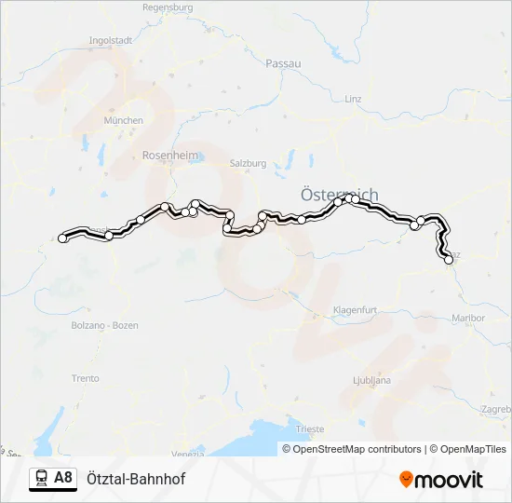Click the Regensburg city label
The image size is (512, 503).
(x=168, y=7)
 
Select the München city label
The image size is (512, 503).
(x=124, y=120)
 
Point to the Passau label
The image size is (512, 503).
(x=283, y=63)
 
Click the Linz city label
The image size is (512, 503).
(x=353, y=98)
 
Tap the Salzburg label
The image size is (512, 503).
(x=248, y=163)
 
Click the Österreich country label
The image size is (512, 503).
(x=340, y=195)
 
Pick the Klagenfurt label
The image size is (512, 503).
(x=355, y=309)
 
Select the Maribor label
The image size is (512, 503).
(x=468, y=318)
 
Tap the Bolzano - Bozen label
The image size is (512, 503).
(x=112, y=325)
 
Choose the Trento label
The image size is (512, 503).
(x=85, y=378)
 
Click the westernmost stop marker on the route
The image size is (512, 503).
(x=62, y=238)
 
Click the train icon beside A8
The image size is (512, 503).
(x=42, y=479)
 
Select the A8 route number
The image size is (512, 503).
(x=63, y=479)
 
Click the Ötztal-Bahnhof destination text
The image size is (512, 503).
(x=136, y=479)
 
